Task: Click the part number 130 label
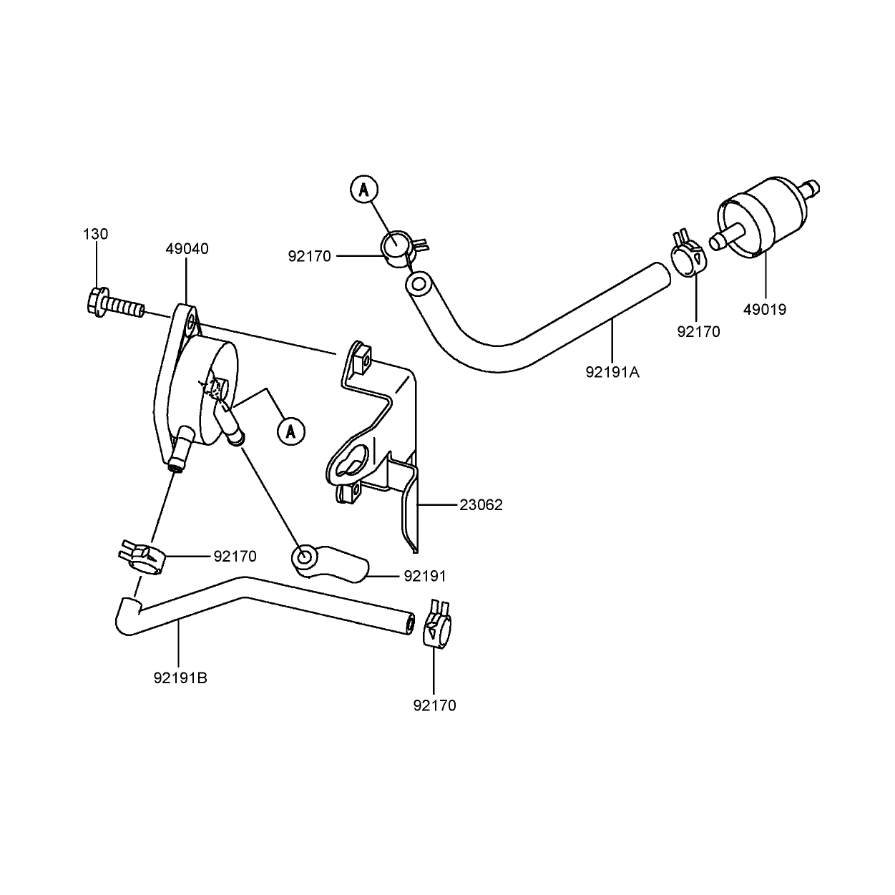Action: [x=96, y=234]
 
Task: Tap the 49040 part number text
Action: [x=187, y=249]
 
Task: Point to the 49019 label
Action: [x=765, y=309]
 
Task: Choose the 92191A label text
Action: [x=612, y=372]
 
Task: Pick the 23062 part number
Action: [x=481, y=505]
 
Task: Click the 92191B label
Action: [x=180, y=678]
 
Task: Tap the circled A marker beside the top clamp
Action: [x=364, y=190]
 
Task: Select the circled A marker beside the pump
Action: [x=290, y=431]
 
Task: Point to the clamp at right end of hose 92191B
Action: [x=437, y=627]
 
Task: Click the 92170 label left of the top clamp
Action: [x=309, y=256]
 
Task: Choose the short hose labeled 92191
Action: [x=330, y=562]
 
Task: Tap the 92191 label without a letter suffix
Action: [x=425, y=577]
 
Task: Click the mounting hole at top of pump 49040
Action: [x=191, y=322]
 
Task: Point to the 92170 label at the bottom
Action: [x=435, y=705]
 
